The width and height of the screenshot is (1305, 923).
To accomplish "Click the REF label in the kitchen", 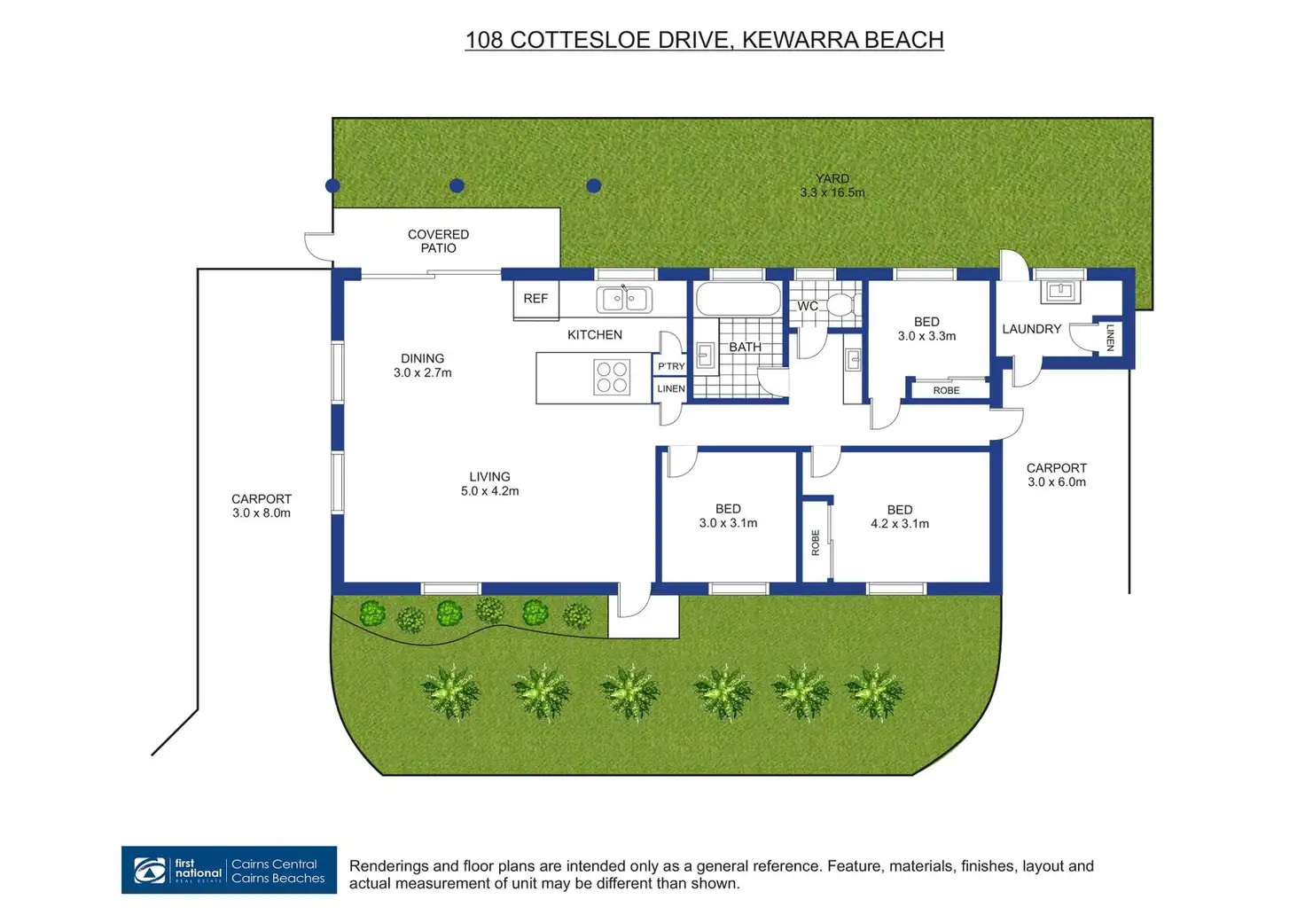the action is coord(535,299).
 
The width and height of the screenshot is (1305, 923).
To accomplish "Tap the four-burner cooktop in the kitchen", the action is coord(612,377).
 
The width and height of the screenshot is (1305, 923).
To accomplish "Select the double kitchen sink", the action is coord(624,299).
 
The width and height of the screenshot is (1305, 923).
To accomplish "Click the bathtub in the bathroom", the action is coord(738,300).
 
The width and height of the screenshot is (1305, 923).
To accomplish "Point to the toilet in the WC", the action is coord(839,305).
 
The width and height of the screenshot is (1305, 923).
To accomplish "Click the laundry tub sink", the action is coord(1060,291).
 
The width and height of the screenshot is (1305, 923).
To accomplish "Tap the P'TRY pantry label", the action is coord(671,366).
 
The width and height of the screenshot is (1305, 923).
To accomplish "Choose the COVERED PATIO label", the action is coord(438,241).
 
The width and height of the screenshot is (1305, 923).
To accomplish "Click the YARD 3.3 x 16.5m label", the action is coord(832,185).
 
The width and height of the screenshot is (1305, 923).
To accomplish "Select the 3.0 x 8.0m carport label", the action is coord(262,506).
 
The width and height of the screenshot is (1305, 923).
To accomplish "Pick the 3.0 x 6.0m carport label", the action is coord(1056,475).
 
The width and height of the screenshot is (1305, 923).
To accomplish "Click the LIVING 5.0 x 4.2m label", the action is coord(489,484).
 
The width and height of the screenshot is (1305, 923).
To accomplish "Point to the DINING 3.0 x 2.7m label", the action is coord(423,365).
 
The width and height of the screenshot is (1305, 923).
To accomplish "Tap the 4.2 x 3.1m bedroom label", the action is coord(900,517).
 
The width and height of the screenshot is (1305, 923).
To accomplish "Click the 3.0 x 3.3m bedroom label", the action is coord(926,329).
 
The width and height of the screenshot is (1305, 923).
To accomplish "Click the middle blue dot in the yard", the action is coord(457,185).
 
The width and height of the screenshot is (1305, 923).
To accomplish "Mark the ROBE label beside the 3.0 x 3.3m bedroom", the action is coord(946,390).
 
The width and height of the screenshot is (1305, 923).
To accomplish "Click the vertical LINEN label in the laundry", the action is coord(1110,338).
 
